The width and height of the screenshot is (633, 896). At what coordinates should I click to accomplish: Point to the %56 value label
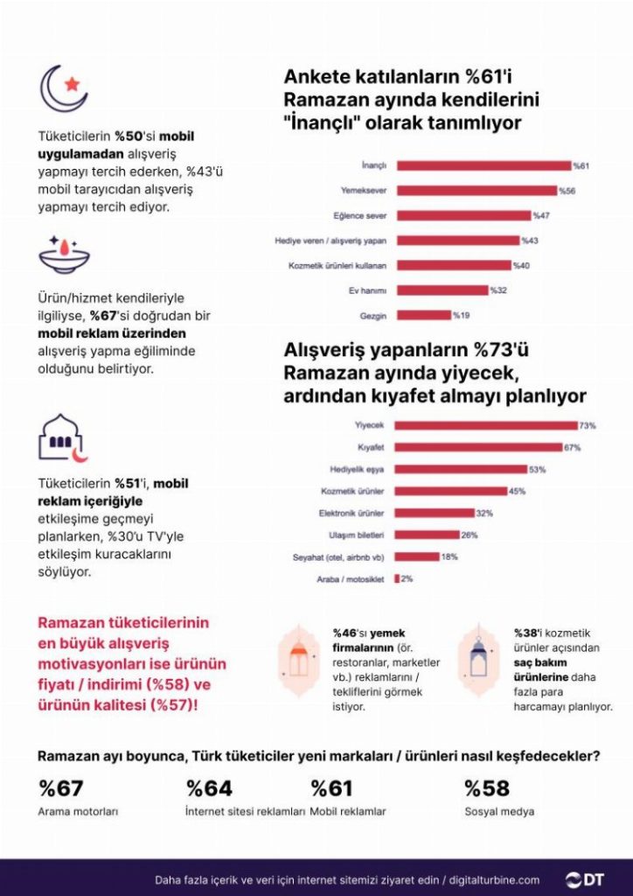568,190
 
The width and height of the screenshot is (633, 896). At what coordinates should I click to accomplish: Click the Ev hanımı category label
369,290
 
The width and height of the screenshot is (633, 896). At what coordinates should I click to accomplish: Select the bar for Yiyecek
486,425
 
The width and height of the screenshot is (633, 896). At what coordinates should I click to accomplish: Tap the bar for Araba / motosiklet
397,578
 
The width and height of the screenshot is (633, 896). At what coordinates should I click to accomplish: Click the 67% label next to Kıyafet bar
573,447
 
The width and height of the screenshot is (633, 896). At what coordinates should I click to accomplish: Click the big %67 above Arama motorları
61,788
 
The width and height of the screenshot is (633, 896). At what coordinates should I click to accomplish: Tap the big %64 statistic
210,788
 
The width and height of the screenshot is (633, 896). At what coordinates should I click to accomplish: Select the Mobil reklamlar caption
348,812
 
